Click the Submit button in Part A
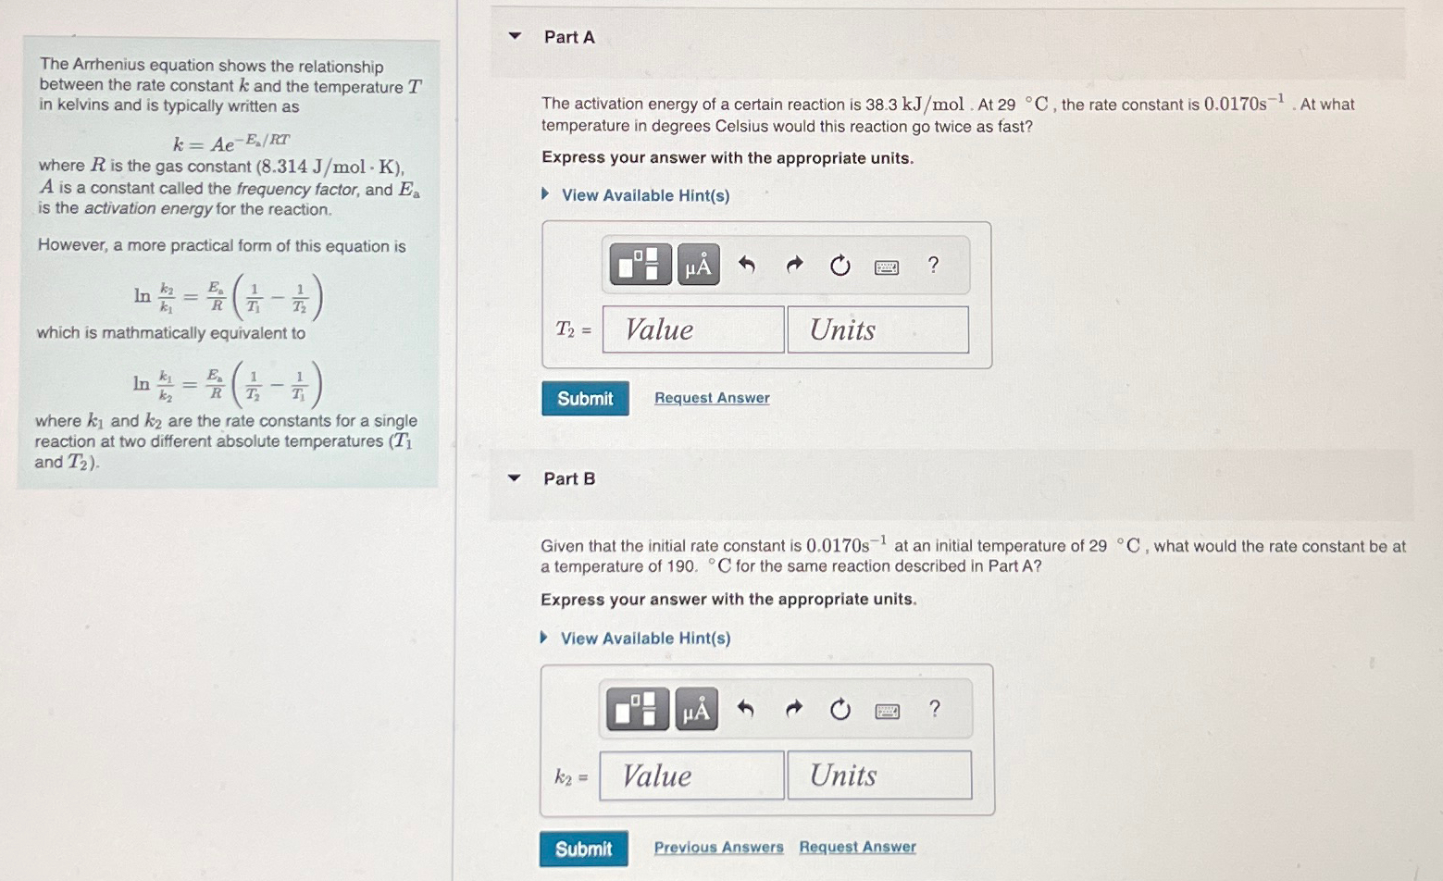point(585,399)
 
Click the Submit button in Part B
point(583,849)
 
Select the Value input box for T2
point(692,330)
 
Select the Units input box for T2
point(877,330)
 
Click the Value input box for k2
point(690,776)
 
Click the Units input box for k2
point(878,776)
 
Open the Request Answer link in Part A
point(712,398)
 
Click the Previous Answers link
point(718,848)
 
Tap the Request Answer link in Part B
point(857,847)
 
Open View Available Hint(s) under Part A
point(645,195)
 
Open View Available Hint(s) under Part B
point(645,639)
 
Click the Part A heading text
point(569,37)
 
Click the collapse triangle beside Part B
point(515,478)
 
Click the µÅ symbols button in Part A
point(698,266)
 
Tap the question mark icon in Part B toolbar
point(934,709)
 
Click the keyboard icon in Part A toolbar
point(886,267)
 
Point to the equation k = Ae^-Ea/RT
point(231,143)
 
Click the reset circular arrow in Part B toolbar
point(840,710)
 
